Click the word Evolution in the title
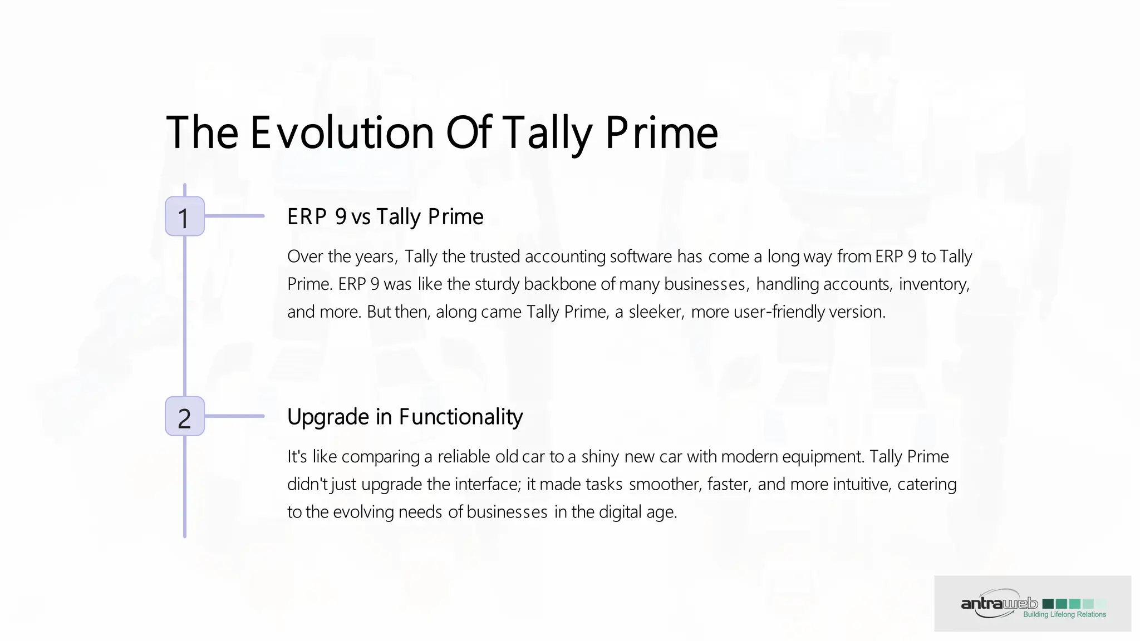[x=342, y=134]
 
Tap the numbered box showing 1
[x=185, y=216]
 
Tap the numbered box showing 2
[x=185, y=417]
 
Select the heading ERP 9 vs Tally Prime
[x=385, y=217]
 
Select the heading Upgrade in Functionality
[x=405, y=417]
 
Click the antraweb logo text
[x=999, y=604]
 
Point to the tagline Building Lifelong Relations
[x=1064, y=615]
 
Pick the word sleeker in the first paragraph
[x=655, y=312]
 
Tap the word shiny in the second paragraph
[x=600, y=457]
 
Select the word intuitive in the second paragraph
[x=862, y=485]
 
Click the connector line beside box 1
[x=234, y=216]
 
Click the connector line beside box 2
[x=234, y=416]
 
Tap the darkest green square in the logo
[x=1048, y=604]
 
